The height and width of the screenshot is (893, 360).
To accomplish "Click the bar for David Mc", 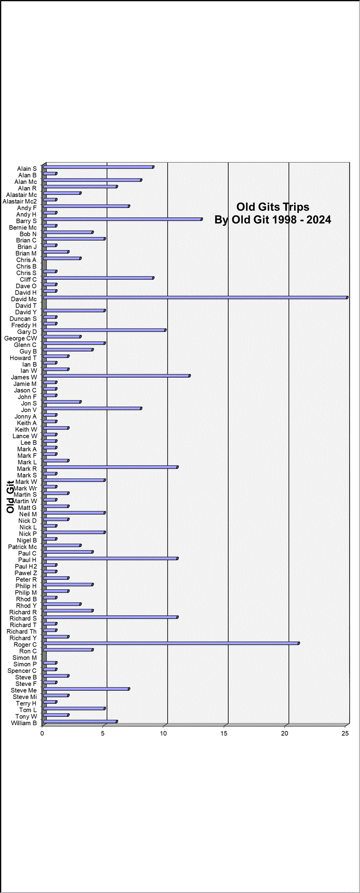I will click(195, 298).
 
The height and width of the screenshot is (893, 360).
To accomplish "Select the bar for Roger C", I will click(171, 643).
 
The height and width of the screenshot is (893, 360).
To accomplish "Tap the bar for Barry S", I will click(122, 219).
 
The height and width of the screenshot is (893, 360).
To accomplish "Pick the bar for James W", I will click(116, 375).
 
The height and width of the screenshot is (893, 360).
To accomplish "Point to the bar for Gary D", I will click(104, 330).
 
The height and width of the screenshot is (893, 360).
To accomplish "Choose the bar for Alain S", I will click(98, 167).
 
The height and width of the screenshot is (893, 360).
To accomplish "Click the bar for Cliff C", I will click(98, 278).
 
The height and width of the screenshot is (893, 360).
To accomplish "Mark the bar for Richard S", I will click(110, 617).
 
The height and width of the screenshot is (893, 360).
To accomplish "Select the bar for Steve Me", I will click(86, 689).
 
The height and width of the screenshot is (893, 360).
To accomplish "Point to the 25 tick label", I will click(345, 733).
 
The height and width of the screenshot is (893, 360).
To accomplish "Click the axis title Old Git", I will click(10, 497).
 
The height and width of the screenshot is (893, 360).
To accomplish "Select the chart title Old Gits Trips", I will click(273, 207).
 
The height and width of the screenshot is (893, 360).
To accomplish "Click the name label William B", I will click(24, 723).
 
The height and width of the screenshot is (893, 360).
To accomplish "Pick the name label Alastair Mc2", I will click(19, 201).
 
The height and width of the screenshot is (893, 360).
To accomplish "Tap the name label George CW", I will click(20, 338).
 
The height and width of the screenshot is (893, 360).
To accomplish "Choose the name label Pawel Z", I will click(26, 573).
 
